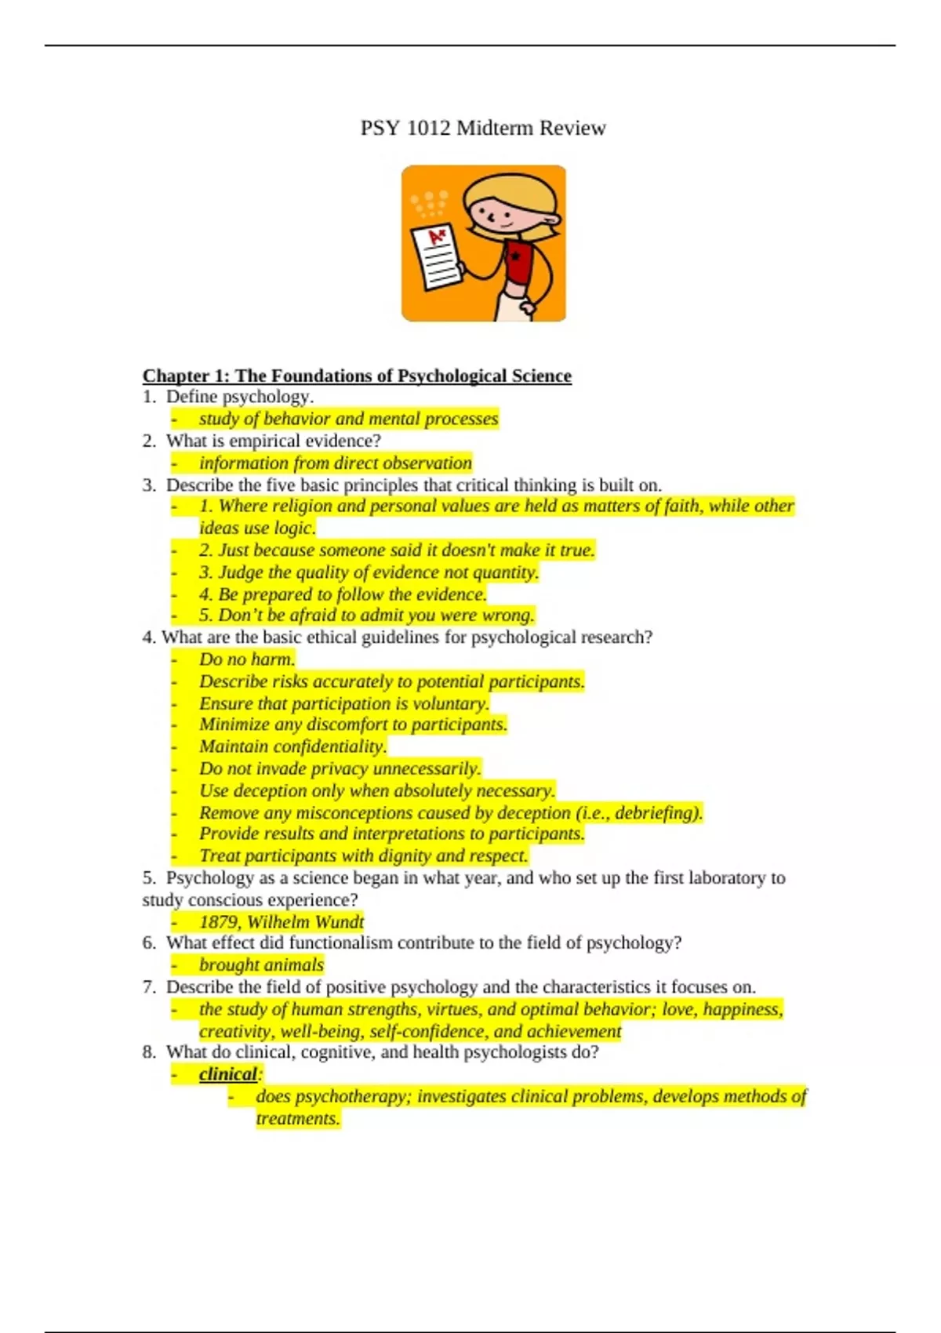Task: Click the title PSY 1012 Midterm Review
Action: pyautogui.click(x=482, y=128)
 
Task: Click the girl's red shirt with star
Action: pyautogui.click(x=518, y=263)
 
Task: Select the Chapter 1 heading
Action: pyautogui.click(x=357, y=376)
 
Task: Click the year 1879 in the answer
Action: pyautogui.click(x=218, y=921)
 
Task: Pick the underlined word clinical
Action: pyautogui.click(x=227, y=1074)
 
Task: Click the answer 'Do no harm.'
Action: pyautogui.click(x=247, y=659)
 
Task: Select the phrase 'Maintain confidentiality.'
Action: pyautogui.click(x=292, y=746)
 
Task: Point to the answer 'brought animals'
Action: pyautogui.click(x=261, y=964)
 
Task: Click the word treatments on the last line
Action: pyautogui.click(x=298, y=1118)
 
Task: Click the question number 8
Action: pyautogui.click(x=149, y=1052)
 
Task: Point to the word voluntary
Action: pyautogui.click(x=450, y=703)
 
